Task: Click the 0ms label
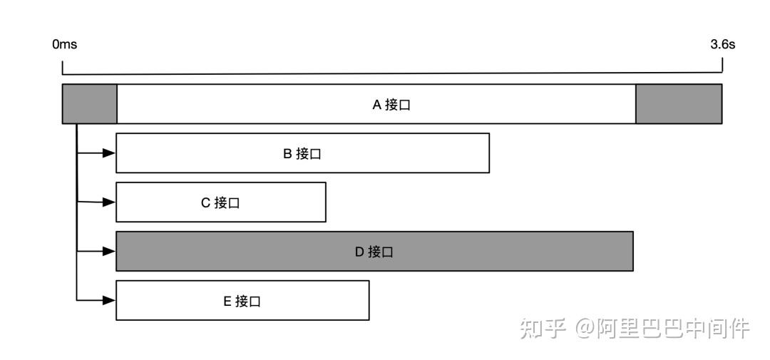[65, 45]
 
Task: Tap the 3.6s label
[722, 45]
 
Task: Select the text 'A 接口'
[391, 105]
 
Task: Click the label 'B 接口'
[302, 154]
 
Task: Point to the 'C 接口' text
[220, 203]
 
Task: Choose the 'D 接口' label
[374, 252]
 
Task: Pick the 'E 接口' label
[242, 301]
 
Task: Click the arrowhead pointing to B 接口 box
[109, 153]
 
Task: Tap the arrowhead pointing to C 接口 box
[109, 202]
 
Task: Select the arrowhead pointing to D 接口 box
[109, 251]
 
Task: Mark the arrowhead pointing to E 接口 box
[109, 300]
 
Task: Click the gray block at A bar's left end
[89, 103]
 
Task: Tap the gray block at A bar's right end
[679, 103]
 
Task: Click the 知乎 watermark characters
[543, 328]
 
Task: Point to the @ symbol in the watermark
[585, 329]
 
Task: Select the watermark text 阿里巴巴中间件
[673, 328]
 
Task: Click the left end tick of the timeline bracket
[62, 68]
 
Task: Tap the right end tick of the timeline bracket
[722, 66]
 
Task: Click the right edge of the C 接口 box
[326, 202]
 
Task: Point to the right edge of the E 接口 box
[369, 300]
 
